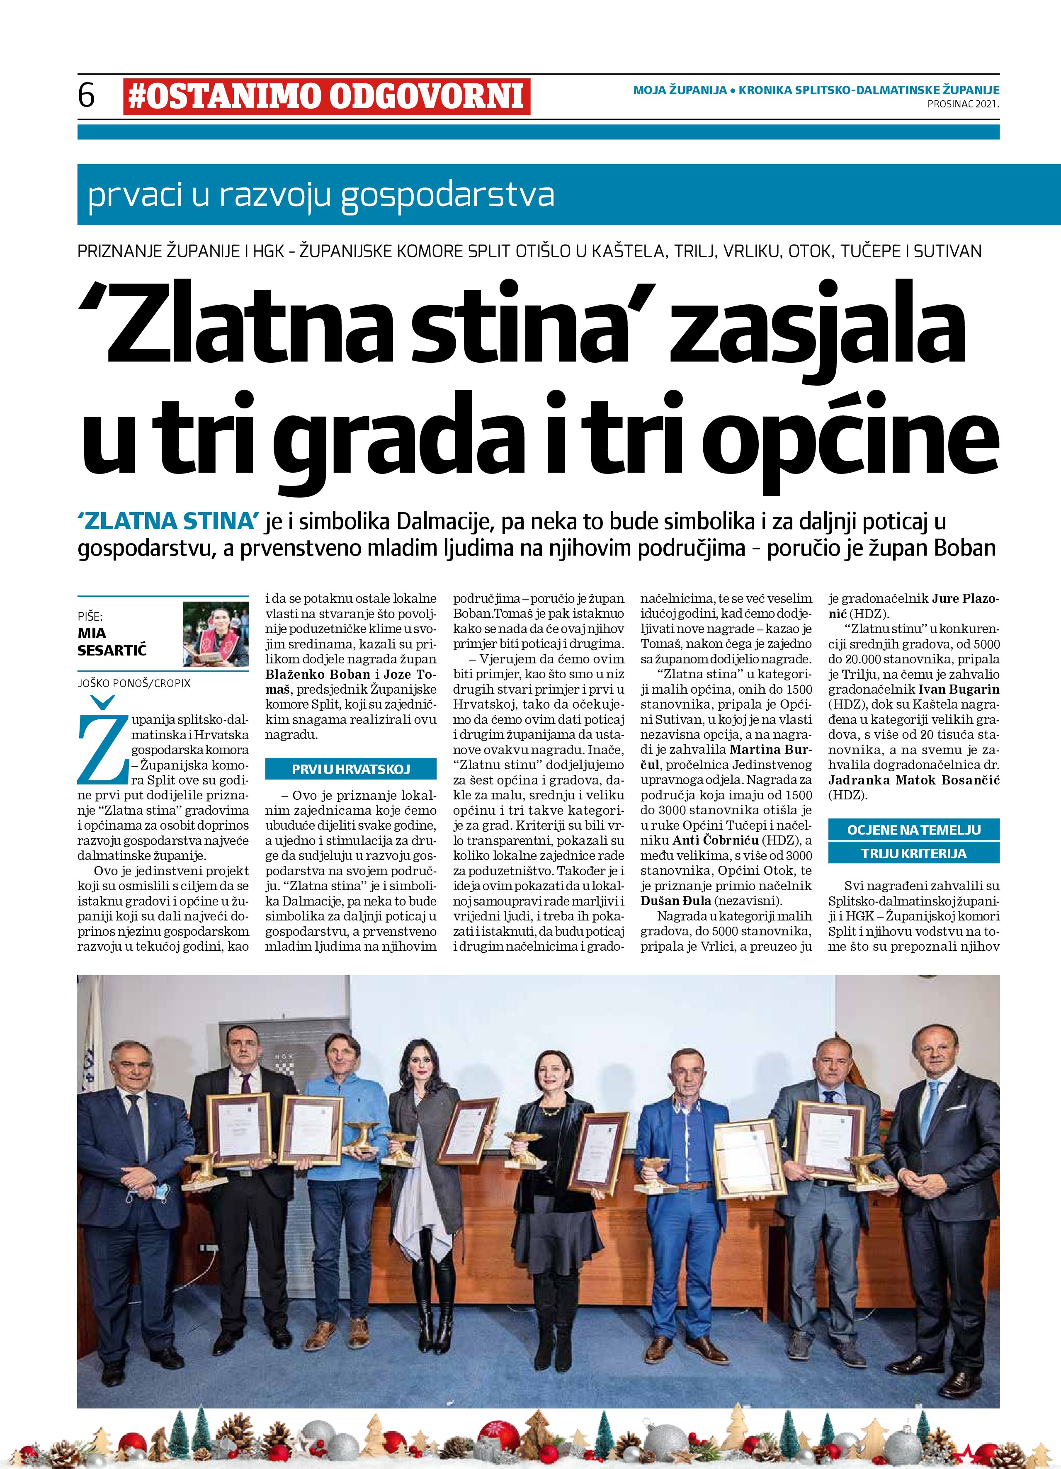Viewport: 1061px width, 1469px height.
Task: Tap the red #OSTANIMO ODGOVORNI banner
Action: [326, 97]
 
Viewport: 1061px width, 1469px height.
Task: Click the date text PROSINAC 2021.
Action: [963, 103]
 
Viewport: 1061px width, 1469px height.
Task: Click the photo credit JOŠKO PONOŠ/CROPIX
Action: [134, 683]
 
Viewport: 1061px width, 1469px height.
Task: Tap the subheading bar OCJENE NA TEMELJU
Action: [913, 830]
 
